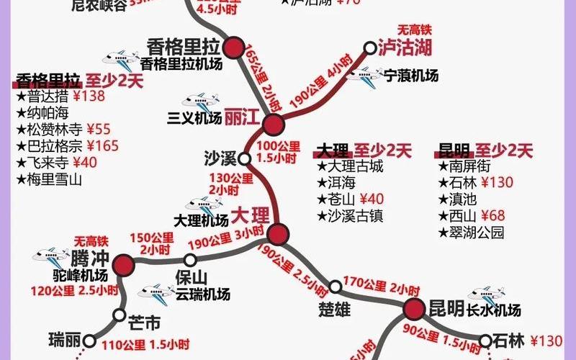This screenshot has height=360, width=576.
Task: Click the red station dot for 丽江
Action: [273, 125]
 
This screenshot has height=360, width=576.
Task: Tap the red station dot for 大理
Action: [278, 234]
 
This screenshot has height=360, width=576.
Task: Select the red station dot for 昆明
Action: [413, 310]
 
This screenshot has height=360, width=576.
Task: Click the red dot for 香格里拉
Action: [233, 49]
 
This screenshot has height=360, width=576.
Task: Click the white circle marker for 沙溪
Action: [245, 158]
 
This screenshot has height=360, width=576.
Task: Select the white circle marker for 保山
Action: [190, 260]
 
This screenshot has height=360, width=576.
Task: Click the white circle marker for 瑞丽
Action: [89, 341]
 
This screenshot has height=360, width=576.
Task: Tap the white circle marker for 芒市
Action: [119, 314]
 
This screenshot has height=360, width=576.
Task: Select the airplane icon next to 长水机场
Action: [485, 294]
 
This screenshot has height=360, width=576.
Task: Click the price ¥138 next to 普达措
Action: [89, 96]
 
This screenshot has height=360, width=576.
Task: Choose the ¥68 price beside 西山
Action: [492, 215]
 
